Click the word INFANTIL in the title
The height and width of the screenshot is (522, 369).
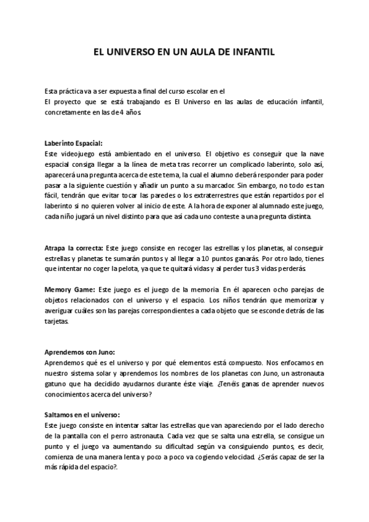(x=255, y=54)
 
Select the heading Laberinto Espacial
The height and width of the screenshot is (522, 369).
(x=78, y=142)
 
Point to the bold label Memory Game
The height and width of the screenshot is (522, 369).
(x=69, y=289)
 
